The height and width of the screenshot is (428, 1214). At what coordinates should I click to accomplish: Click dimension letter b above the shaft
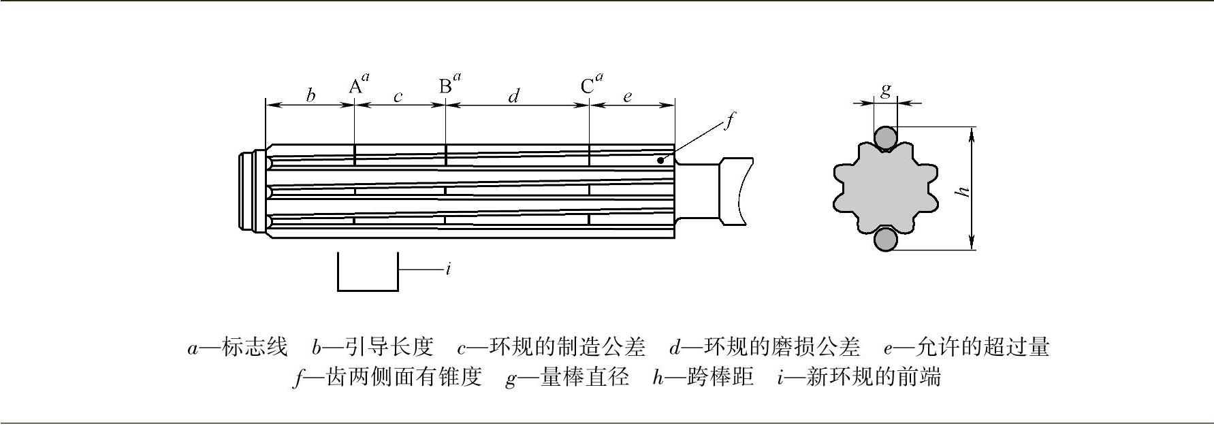(x=310, y=95)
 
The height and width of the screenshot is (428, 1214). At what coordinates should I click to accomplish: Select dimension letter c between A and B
(x=398, y=97)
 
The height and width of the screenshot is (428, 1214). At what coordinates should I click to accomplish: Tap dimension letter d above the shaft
(x=514, y=95)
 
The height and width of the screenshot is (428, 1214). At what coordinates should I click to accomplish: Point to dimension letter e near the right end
(x=627, y=97)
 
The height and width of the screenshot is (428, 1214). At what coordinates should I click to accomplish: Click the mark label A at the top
(x=355, y=86)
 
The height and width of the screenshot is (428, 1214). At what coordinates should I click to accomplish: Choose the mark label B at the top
(x=445, y=86)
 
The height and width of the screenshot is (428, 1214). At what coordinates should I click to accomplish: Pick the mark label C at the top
(x=588, y=86)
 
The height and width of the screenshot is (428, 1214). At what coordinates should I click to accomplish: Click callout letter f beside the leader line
(x=729, y=121)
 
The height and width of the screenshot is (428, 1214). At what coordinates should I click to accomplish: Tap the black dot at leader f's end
(x=660, y=161)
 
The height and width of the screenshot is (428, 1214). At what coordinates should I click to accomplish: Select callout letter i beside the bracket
(x=448, y=269)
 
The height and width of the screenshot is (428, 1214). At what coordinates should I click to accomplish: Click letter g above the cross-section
(x=885, y=90)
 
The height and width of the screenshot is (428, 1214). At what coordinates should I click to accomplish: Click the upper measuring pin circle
(x=886, y=138)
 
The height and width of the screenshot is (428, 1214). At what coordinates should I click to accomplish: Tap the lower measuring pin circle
(x=886, y=240)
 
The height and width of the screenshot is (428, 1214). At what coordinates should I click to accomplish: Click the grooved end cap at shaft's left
(x=251, y=191)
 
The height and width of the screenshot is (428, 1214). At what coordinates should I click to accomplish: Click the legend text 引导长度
(x=389, y=347)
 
